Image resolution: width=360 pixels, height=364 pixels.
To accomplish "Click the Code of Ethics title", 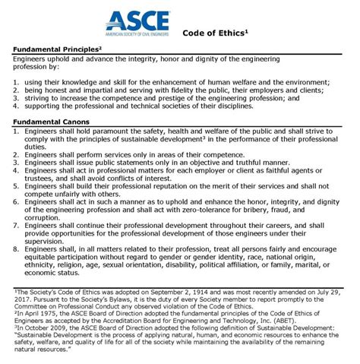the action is pos(216,33).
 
